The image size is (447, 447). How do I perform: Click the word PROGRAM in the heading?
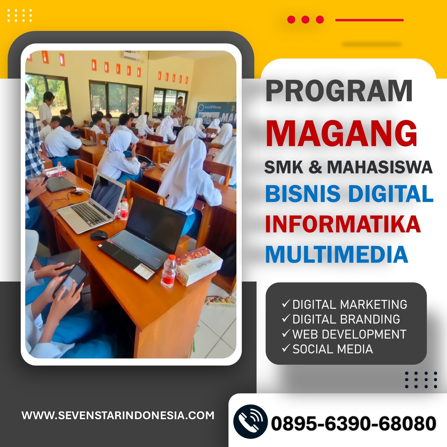(x=339, y=91)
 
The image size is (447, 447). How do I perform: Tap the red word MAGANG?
(x=341, y=133)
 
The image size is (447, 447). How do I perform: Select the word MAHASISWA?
(x=380, y=167)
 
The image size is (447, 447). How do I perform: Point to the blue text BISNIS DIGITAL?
(x=349, y=194)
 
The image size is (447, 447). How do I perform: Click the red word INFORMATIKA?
(x=343, y=224)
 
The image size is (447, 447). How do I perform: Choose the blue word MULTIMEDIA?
(x=337, y=254)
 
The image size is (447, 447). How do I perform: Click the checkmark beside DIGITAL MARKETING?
(x=286, y=304)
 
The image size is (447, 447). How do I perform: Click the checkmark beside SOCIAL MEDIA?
(x=286, y=348)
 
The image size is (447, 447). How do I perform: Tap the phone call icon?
(x=250, y=421)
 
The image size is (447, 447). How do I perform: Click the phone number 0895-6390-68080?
(x=354, y=423)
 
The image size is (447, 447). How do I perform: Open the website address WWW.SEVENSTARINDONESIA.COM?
(x=118, y=415)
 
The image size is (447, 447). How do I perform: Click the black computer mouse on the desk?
(x=98, y=235)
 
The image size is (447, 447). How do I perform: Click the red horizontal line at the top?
(x=369, y=20)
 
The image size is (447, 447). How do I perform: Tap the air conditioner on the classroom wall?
(x=131, y=55)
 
